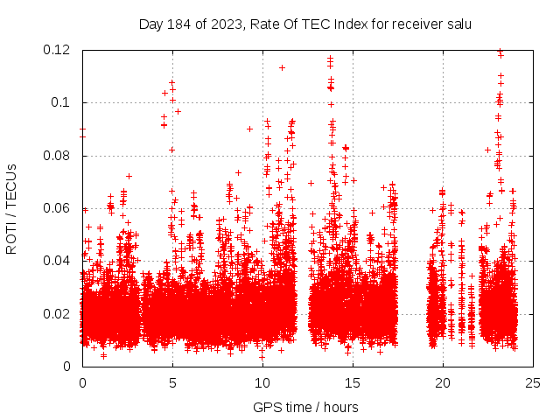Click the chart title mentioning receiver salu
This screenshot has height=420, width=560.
pyautogui.click(x=305, y=24)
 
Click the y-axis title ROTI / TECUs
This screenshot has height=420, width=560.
pyautogui.click(x=11, y=208)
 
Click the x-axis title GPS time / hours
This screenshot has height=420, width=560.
pyautogui.click(x=305, y=407)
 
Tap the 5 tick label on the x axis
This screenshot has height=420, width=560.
pyautogui.click(x=172, y=383)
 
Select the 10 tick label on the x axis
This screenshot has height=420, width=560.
pyautogui.click(x=262, y=383)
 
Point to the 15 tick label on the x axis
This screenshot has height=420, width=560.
pyautogui.click(x=353, y=383)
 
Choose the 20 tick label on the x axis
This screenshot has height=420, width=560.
pyautogui.click(x=443, y=383)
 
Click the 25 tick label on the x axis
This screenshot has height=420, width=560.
pyautogui.click(x=533, y=383)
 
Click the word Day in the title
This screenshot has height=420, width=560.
pyautogui.click(x=150, y=24)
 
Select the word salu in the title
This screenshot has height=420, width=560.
pyautogui.click(x=458, y=24)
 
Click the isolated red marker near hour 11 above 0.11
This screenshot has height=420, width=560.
pyautogui.click(x=282, y=67)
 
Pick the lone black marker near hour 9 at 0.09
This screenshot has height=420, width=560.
pyautogui.click(x=249, y=129)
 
